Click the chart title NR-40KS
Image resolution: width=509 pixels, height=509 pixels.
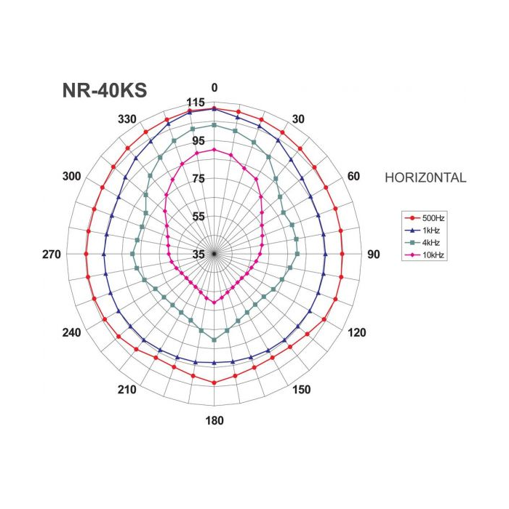point(105,90)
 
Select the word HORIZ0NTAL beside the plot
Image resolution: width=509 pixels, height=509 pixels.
point(425,177)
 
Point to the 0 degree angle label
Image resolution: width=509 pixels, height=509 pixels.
point(215,88)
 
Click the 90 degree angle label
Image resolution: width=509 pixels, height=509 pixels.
point(374,254)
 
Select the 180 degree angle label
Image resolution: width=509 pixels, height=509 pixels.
point(215,421)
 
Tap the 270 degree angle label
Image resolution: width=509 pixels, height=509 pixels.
point(52,254)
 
